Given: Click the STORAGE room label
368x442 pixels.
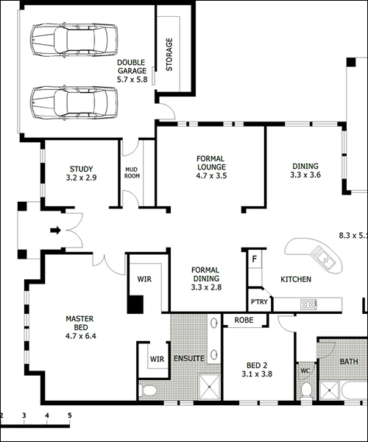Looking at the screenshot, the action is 169,55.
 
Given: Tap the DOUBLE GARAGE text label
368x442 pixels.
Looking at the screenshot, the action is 132,66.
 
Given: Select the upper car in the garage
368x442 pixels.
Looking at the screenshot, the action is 74,40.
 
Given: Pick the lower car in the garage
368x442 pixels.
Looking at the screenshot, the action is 74,103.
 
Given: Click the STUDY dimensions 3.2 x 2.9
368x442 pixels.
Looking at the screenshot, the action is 81,178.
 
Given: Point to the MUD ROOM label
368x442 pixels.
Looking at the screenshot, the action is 132,172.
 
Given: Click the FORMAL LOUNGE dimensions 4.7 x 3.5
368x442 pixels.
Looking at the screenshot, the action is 211,175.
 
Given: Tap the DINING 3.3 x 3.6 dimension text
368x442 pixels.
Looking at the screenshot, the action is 305,175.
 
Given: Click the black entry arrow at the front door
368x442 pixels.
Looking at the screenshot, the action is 55,231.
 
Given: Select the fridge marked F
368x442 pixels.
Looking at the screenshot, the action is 255,259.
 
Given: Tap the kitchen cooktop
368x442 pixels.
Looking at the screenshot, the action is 309,304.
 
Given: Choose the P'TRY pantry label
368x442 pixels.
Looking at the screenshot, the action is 259,302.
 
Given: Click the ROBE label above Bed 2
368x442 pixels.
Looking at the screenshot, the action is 244,320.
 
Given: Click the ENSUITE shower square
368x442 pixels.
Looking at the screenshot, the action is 210,387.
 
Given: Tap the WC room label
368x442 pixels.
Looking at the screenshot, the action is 305,371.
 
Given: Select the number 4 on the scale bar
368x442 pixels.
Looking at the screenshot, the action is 47,415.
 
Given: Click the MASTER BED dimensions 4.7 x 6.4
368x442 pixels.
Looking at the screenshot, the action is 81,336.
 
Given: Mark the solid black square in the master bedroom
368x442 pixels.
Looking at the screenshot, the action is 135,304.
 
